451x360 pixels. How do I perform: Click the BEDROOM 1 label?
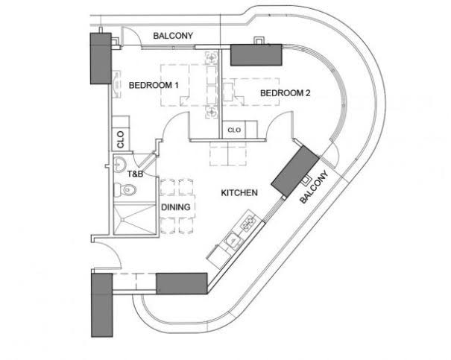(x=154, y=85)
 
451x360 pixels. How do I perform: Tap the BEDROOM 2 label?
(x=285, y=93)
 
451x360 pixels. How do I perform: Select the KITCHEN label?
(x=239, y=193)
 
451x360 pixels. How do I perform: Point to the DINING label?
(x=176, y=207)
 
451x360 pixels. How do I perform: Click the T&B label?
(x=135, y=174)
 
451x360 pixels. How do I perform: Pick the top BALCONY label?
(x=173, y=35)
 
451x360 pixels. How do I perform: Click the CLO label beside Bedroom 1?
(x=119, y=138)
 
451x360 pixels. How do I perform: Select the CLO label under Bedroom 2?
(x=234, y=129)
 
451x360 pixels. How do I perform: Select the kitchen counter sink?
(x=231, y=239)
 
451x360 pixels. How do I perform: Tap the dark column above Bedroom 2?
(x=256, y=55)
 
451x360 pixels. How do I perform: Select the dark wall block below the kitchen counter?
(x=181, y=282)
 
